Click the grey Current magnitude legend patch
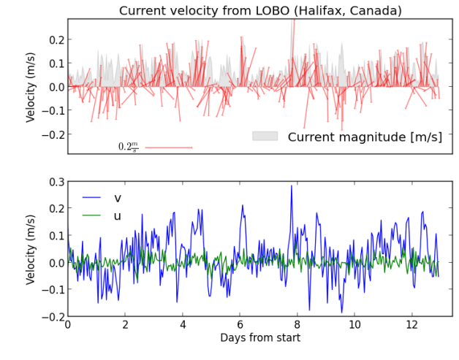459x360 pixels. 265,137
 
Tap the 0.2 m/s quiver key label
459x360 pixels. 129,147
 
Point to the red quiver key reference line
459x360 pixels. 168,148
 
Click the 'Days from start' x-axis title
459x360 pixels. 259,338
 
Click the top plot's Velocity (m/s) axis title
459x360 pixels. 31,86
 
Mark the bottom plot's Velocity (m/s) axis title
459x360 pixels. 31,249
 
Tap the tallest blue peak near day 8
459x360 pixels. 292,185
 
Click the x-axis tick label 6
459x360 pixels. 240,325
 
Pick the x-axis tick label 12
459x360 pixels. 411,325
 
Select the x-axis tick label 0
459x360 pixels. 68,325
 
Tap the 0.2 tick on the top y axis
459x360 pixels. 54,39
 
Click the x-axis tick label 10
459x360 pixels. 354,325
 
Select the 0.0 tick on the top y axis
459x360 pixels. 54,87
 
